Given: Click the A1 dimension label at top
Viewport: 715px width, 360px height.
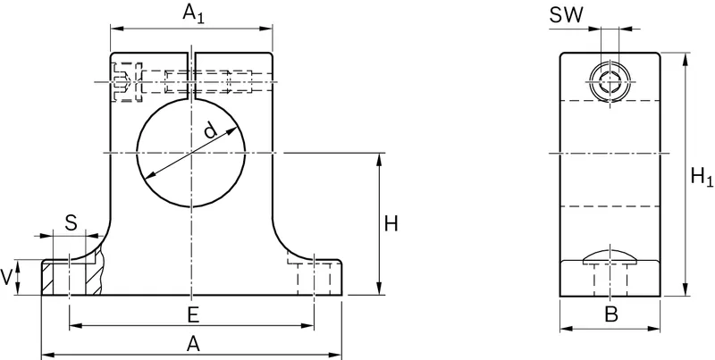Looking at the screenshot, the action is coord(194,14).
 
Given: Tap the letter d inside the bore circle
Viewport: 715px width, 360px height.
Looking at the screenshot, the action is coord(210,130).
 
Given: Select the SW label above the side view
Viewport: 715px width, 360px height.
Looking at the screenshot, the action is coord(566,15).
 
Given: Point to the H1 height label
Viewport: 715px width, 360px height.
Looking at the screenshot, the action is coord(702,177).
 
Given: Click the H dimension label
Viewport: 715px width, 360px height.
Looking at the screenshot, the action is coord(391,223).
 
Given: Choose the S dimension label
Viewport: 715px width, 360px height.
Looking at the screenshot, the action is coord(71,223).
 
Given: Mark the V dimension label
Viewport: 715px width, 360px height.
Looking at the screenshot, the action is coord(6,277).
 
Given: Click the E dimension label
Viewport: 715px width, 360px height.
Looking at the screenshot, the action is coord(193,315).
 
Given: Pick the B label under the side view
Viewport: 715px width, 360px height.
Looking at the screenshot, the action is coord(611,314).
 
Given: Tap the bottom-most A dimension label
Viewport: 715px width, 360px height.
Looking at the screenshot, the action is coord(193,344).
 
